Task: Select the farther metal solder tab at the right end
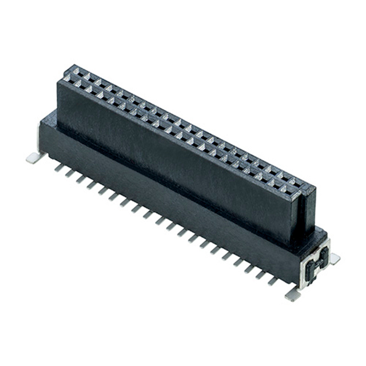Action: (333, 258)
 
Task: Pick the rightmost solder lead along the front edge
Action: (276, 280)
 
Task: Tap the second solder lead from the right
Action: (265, 275)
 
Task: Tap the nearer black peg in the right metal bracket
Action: (309, 269)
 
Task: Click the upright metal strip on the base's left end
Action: (41, 138)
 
